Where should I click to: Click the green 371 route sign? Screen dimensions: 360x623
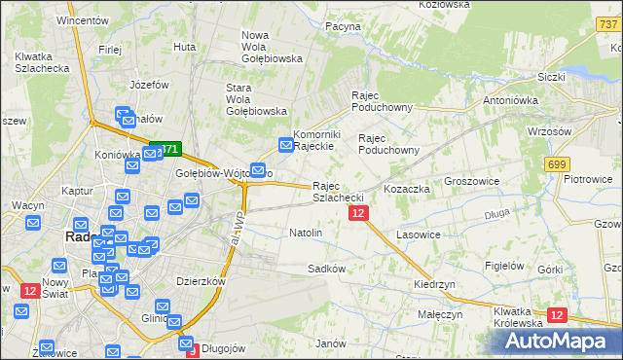tap(165, 150)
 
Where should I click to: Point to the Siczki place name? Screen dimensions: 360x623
tap(552, 76)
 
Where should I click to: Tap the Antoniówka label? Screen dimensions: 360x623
tap(511, 100)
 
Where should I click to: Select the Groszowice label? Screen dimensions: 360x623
tap(472, 181)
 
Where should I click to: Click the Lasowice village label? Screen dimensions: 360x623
tap(419, 235)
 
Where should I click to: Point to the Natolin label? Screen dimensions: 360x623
tap(306, 234)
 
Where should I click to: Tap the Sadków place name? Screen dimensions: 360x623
tap(326, 268)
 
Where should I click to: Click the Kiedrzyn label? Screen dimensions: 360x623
tap(434, 284)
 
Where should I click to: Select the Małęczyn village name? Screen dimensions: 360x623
tap(440, 315)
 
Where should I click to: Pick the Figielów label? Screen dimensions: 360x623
tap(505, 265)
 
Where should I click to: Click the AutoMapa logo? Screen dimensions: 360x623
tap(559, 341)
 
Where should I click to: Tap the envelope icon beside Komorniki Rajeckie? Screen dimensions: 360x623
tap(286, 145)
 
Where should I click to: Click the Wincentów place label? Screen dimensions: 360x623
tap(83, 19)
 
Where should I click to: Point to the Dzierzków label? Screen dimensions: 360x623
tap(202, 280)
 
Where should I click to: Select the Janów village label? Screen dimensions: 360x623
tap(331, 343)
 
